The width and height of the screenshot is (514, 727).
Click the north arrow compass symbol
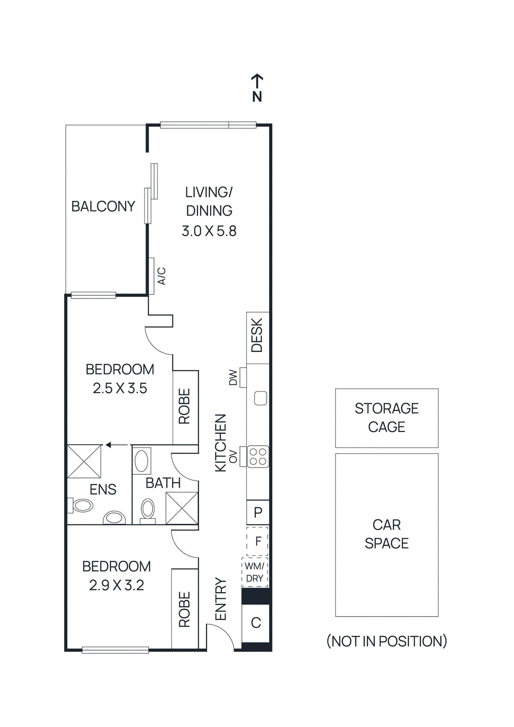pos(257,88)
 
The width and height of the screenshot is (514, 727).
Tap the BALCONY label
pos(103,206)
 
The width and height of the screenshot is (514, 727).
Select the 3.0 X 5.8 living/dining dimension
pos(209,231)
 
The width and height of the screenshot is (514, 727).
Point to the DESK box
pos(257,337)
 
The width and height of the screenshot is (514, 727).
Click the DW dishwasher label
pos(233,377)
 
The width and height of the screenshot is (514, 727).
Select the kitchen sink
pos(260,398)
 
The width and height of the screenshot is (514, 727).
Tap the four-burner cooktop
pos(258,457)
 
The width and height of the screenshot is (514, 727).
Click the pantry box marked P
pos(258,512)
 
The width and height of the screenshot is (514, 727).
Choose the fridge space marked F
pos(258,541)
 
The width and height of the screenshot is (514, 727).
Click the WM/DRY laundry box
pos(255,572)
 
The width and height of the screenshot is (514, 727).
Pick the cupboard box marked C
pos(256,622)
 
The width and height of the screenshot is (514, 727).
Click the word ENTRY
pos(220,599)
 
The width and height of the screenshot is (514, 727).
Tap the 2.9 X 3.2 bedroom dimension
pos(116,585)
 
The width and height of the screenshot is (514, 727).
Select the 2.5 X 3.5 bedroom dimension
pos(120,388)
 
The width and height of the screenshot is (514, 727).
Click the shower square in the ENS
pos(84,461)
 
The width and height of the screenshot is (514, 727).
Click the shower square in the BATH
pos(182,508)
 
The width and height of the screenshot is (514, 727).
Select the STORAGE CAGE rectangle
pos(387,418)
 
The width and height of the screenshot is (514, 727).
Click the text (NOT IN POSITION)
pos(387,641)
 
